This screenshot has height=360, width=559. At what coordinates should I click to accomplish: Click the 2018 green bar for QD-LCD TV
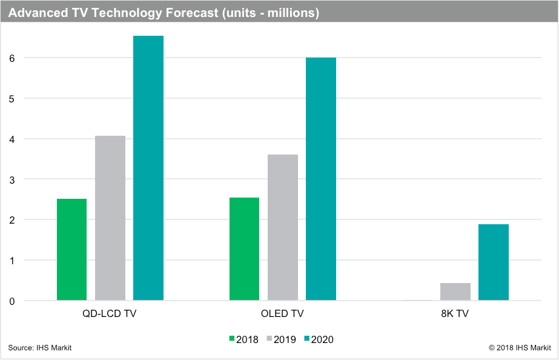click(x=71, y=249)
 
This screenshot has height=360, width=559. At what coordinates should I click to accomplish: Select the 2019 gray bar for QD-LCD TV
click(x=110, y=218)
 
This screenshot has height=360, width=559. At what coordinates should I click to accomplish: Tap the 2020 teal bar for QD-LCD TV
click(x=148, y=168)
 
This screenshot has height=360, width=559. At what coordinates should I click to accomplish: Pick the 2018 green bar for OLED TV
click(x=244, y=248)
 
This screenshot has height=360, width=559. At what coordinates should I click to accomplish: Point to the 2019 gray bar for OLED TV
click(x=283, y=227)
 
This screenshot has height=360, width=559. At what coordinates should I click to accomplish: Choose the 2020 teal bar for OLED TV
click(x=321, y=179)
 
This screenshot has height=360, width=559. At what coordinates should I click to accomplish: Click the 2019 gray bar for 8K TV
click(x=455, y=292)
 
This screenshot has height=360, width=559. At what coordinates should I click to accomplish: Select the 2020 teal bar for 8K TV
click(x=494, y=262)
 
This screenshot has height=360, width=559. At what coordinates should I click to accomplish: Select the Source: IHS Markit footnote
click(x=36, y=348)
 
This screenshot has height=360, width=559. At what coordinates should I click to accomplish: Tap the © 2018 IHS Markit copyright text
click(x=520, y=348)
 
